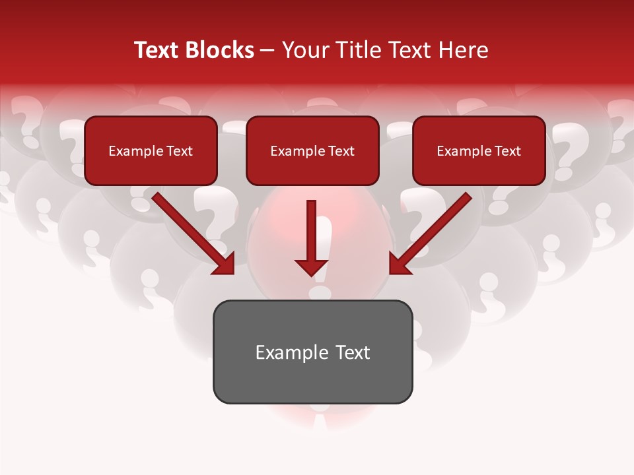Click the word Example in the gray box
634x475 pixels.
283,352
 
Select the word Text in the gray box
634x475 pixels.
352,352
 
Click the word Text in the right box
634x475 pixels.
507,151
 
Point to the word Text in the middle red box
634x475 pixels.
341,151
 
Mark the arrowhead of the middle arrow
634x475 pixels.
312,267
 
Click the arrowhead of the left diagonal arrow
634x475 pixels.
225,264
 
